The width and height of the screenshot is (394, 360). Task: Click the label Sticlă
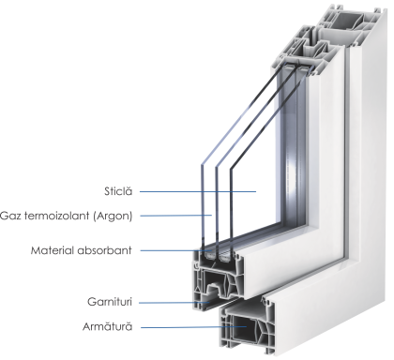click(x=118, y=191)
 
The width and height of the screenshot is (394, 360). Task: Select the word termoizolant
click(x=57, y=216)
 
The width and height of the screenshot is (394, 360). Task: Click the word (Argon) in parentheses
click(x=113, y=216)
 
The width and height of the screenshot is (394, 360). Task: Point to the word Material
click(x=53, y=250)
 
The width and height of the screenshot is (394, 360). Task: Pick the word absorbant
click(x=105, y=250)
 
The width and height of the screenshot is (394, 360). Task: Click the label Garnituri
click(x=110, y=302)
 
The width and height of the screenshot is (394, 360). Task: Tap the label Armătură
click(x=108, y=326)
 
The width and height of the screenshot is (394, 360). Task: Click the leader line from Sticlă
click(x=198, y=191)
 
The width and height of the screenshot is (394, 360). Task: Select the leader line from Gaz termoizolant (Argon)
click(x=176, y=216)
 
